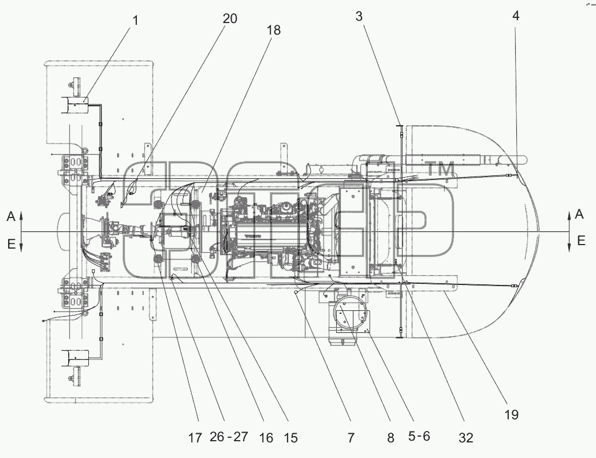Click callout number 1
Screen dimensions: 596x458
pos(135,20)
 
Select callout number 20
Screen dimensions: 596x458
pos(230,18)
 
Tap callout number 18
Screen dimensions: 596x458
pos(274,29)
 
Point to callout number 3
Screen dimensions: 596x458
pos(359,16)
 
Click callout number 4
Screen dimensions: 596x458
pos(516,16)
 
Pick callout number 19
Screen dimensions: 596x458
pos(512,414)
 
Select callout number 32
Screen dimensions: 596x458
pos(465,438)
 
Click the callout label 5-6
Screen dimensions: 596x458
pos(419,437)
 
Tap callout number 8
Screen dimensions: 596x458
pos(391,438)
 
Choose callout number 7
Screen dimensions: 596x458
pos(351,438)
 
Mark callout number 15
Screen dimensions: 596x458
pos(290,438)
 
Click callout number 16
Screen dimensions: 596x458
pos(266,438)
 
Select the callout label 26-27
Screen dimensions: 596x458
pos(229,437)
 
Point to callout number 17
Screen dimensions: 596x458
pos(195,438)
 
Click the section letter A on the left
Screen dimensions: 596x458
pos(11,216)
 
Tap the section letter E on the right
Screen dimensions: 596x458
pos(581,241)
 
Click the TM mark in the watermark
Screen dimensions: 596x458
pos(441,168)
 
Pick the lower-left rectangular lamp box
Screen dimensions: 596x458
pos(75,359)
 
